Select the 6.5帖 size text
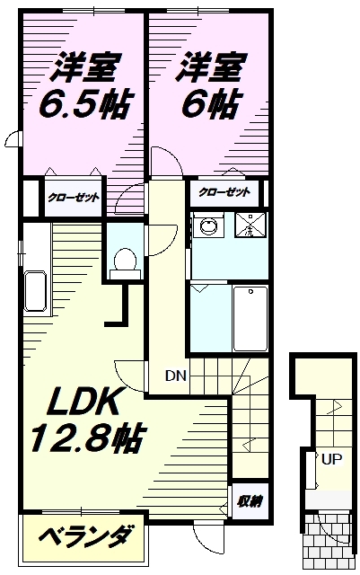(x=84, y=103)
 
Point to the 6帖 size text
(x=213, y=103)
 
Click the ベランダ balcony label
(x=85, y=537)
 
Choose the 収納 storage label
(x=250, y=501)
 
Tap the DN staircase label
(x=176, y=376)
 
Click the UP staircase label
(x=332, y=459)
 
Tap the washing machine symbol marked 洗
(x=250, y=225)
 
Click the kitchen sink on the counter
(x=36, y=291)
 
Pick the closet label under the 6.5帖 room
(x=74, y=198)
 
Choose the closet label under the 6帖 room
(x=224, y=191)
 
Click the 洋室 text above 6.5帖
(x=85, y=68)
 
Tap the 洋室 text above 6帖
(x=212, y=67)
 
